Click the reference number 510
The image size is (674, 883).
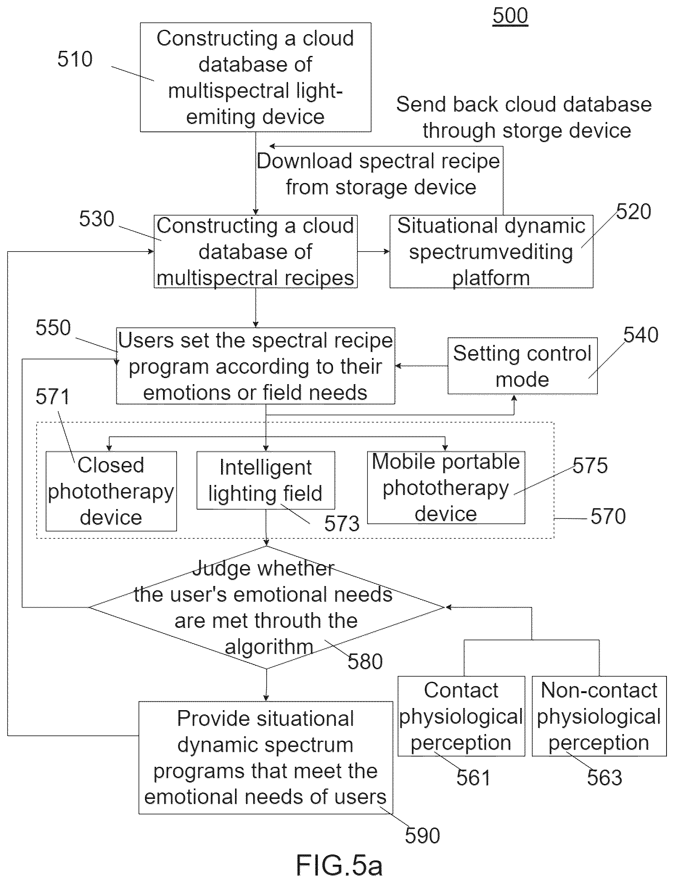click(x=75, y=59)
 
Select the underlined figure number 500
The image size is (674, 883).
click(x=510, y=16)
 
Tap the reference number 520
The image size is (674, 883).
click(x=633, y=212)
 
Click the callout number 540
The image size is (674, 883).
click(x=641, y=335)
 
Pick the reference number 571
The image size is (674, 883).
click(x=53, y=397)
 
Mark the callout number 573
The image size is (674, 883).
click(x=342, y=523)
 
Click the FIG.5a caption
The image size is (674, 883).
click(x=339, y=865)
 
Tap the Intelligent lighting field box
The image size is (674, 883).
click(x=266, y=480)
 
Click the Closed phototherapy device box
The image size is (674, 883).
click(x=111, y=491)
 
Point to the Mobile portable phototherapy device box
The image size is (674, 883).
click(x=446, y=487)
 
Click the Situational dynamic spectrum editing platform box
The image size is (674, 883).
click(x=491, y=251)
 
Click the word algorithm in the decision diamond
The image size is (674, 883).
click(x=269, y=647)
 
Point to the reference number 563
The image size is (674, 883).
click(x=604, y=778)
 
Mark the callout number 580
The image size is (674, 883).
click(x=365, y=662)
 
